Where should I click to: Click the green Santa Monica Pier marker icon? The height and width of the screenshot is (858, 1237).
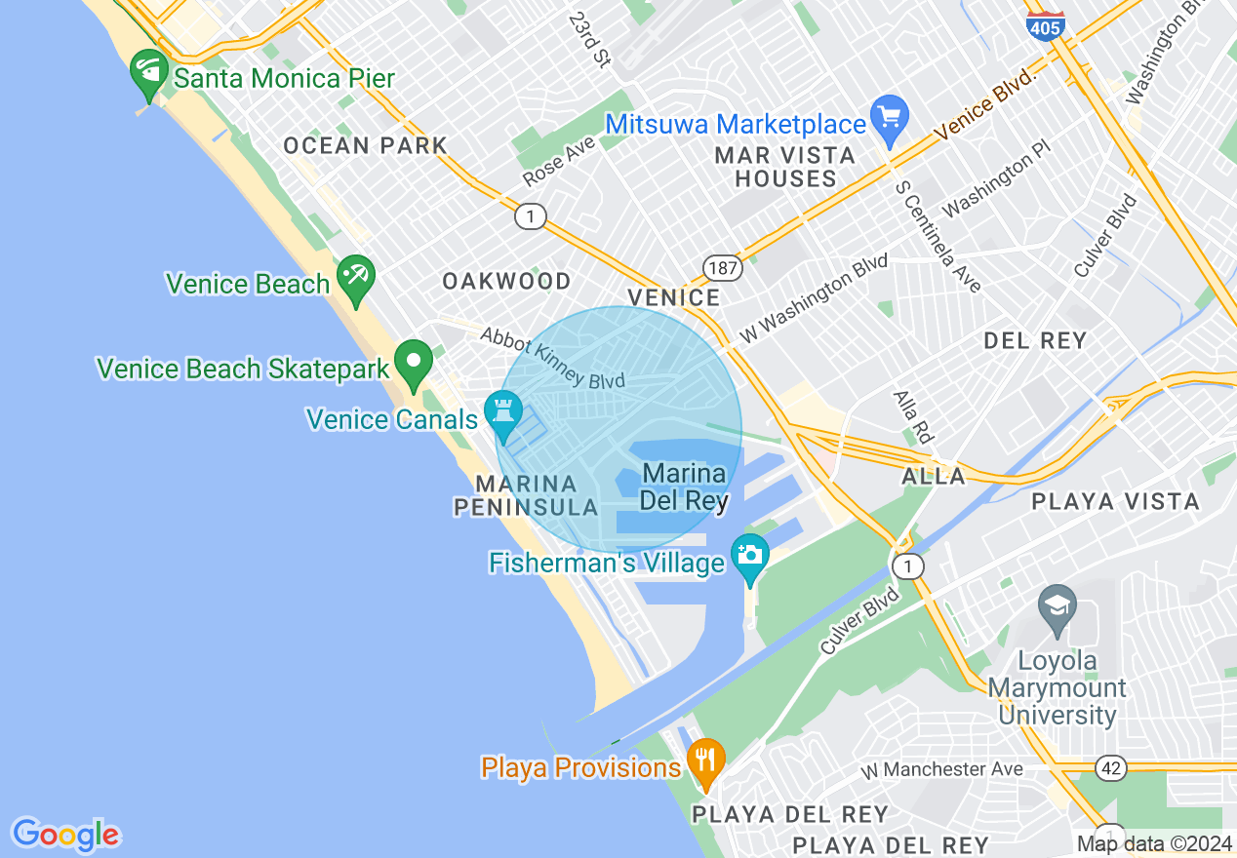pos(149,73)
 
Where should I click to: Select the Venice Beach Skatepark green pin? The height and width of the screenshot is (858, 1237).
pos(414,363)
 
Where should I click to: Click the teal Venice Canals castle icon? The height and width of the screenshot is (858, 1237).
pos(503,413)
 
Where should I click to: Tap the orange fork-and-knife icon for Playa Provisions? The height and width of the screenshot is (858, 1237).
pos(704,761)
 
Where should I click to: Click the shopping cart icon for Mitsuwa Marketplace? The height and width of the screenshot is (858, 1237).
pos(889,118)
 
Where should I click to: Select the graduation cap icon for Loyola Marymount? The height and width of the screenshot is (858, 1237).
pos(1057,606)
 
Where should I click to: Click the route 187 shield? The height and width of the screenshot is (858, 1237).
pos(723,267)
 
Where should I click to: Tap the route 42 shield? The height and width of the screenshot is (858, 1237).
pos(1111,768)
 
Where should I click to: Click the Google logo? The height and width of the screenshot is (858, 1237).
pos(65,835)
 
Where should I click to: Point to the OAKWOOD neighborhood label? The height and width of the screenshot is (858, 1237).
pos(506,282)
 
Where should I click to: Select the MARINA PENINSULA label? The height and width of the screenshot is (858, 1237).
pos(526,495)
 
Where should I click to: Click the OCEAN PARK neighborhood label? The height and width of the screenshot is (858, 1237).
pos(365,146)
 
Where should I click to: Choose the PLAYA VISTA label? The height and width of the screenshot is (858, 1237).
pos(1116,502)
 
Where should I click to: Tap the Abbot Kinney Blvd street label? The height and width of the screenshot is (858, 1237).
pos(551,357)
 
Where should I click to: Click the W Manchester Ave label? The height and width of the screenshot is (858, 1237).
pos(942,770)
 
